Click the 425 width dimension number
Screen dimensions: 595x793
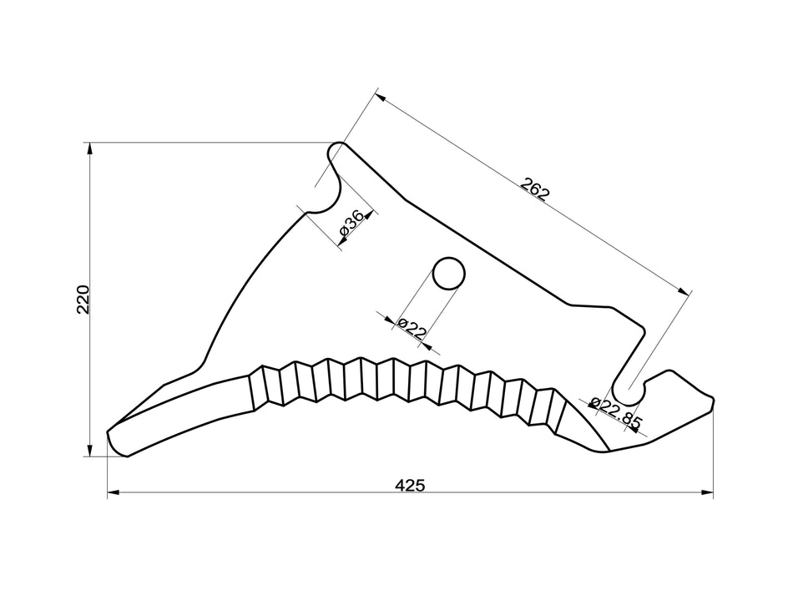coord(411,485)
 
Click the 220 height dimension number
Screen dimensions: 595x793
coord(83,299)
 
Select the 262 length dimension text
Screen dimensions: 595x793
coord(535,189)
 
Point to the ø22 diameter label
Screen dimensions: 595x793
coord(412,327)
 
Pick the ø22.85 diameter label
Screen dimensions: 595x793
coord(615,413)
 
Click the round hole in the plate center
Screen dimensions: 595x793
coord(448,272)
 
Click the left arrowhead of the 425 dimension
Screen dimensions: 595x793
coord(113,493)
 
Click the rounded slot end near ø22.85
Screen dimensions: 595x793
coord(629,389)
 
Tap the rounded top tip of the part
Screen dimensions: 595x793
coord(337,149)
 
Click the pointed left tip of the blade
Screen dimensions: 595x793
coord(110,436)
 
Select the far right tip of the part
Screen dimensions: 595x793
coord(712,400)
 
